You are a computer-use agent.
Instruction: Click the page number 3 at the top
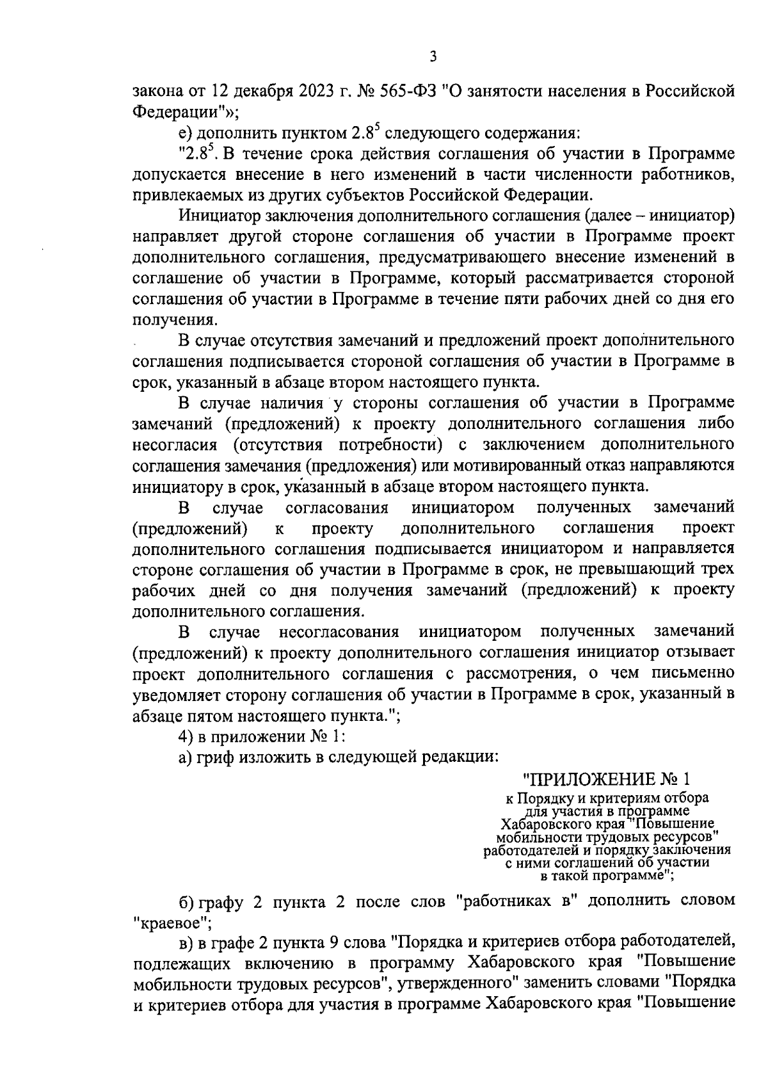coord(433,57)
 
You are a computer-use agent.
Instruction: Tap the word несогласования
coord(339,633)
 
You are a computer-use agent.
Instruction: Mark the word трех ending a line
coord(717,569)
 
